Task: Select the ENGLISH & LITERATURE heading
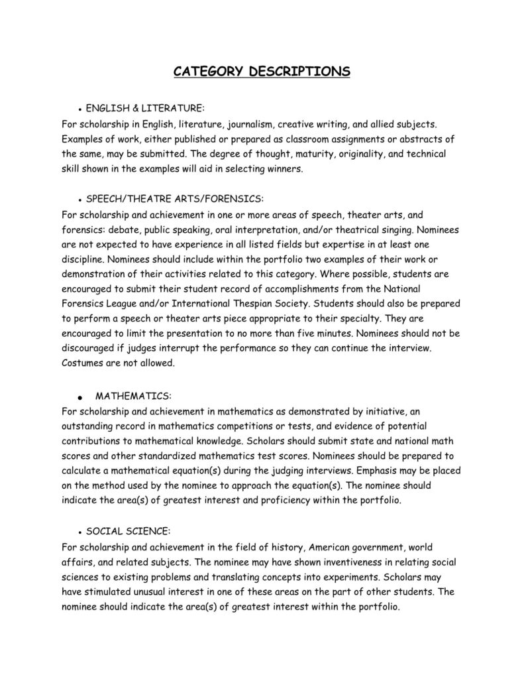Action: pyautogui.click(x=145, y=107)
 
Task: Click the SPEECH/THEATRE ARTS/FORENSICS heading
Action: pyautogui.click(x=175, y=198)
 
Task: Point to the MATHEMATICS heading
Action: pyautogui.click(x=133, y=396)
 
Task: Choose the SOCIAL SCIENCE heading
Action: pyautogui.click(x=128, y=531)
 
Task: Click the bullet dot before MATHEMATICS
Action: pyautogui.click(x=79, y=397)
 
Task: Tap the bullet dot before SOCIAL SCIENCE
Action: pyautogui.click(x=79, y=532)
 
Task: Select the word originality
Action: pyautogui.click(x=348, y=154)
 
